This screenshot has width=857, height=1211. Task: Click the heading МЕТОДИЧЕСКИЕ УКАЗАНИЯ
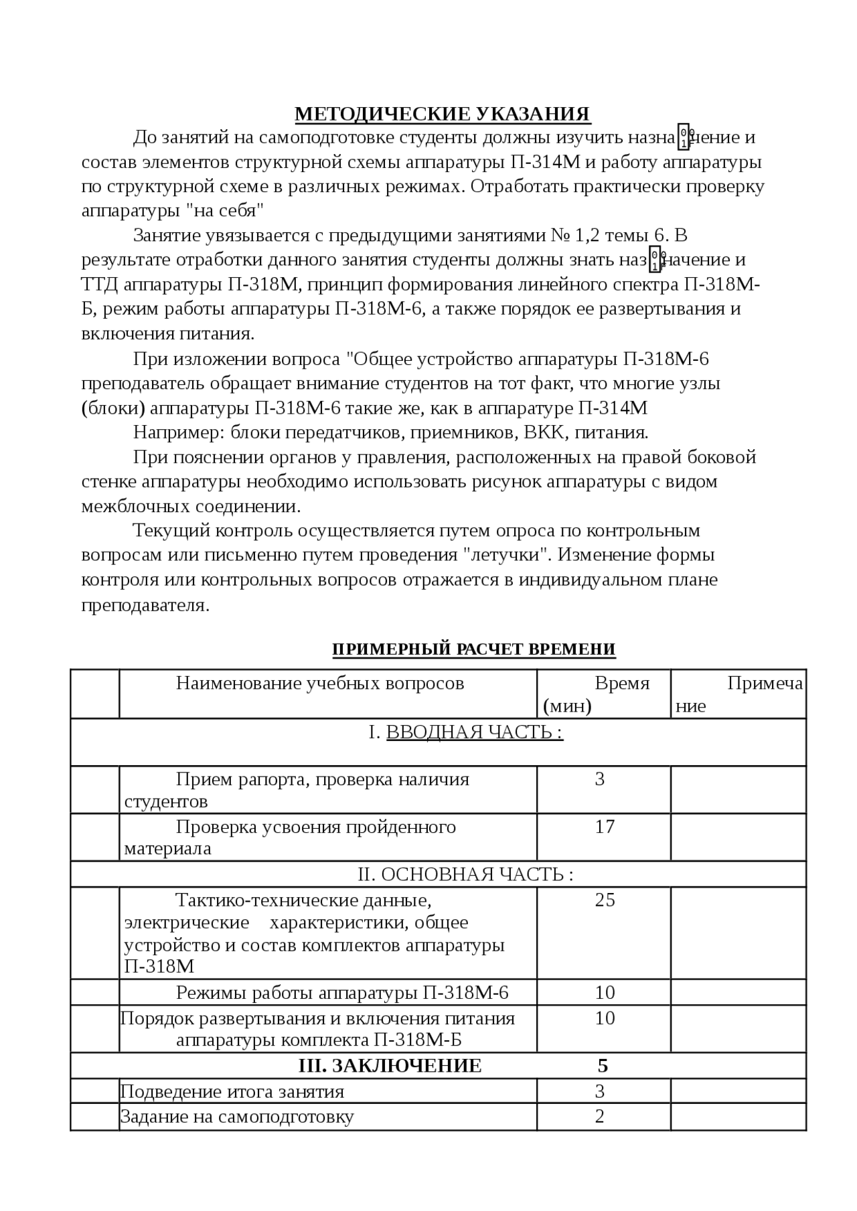443,114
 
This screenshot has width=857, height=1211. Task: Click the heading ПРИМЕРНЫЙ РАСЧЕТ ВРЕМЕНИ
473,649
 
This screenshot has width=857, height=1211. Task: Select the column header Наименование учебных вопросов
320,683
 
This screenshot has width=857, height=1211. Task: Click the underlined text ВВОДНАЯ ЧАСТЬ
474,732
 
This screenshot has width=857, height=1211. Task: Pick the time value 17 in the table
605,827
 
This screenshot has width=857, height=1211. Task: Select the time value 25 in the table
605,900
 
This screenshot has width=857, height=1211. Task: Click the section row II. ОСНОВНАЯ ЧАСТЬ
465,874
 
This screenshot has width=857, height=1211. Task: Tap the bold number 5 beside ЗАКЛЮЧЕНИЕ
603,1066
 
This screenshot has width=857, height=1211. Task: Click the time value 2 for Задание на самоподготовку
599,1116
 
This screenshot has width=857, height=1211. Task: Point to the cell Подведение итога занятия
232,1092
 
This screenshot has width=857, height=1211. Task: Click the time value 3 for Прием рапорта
600,779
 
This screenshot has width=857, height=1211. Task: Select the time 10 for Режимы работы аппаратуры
605,992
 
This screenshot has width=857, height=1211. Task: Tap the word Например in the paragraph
179,432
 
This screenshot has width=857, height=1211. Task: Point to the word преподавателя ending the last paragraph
145,605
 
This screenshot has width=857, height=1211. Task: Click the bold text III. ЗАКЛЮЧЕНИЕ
390,1066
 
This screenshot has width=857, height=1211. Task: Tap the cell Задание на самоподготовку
237,1117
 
